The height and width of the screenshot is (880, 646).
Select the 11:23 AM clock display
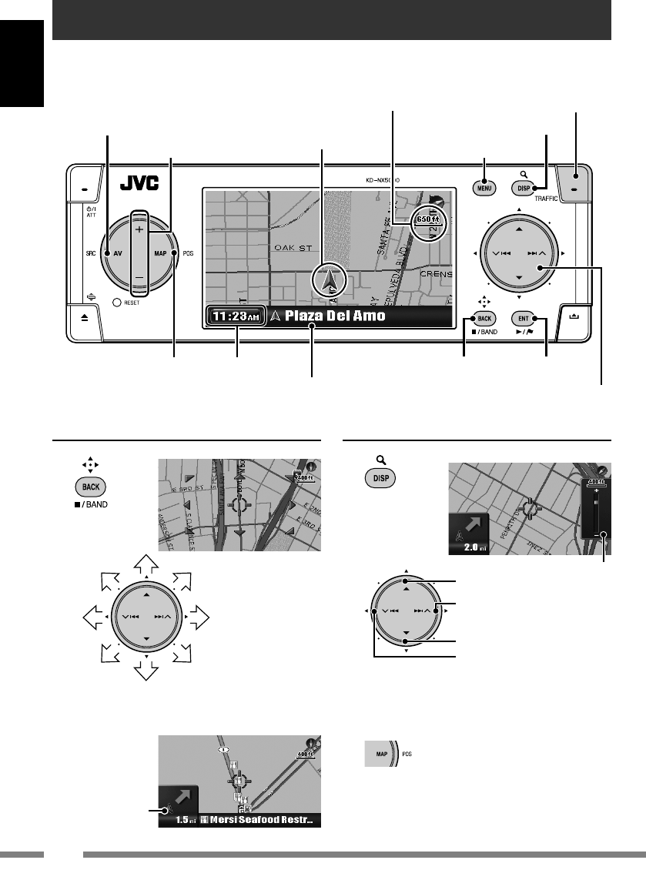[236, 316]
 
